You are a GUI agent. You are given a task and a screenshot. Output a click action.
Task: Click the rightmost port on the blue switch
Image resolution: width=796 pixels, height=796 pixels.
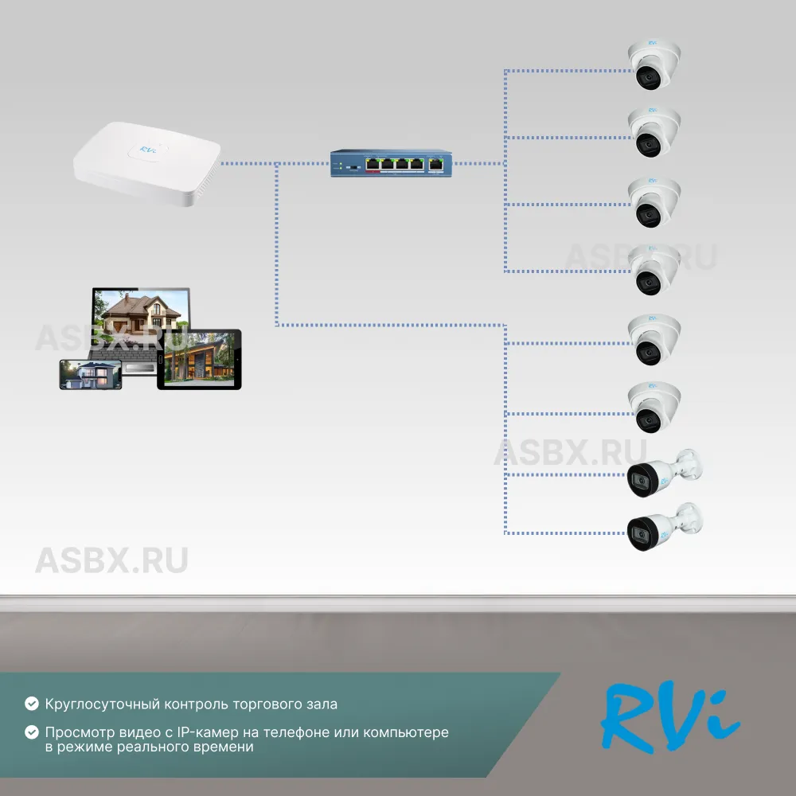(x=436, y=163)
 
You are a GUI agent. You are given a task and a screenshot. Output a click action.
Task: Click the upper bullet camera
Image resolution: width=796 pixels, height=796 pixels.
(x=663, y=474)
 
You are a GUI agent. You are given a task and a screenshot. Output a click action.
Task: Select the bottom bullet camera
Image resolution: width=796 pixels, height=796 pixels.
(x=663, y=527)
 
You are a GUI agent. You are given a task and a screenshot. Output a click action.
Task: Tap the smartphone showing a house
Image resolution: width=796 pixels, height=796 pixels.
(x=90, y=374)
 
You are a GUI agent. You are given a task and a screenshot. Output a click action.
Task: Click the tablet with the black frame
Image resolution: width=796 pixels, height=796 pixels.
(x=199, y=360)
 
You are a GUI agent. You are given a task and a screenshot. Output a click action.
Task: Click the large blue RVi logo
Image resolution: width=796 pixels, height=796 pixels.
(x=670, y=715)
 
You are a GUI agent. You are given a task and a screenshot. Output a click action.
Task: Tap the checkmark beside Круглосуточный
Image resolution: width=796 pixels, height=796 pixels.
(x=32, y=704)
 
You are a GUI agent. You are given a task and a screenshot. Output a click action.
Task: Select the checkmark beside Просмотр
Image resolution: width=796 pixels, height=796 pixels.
(x=32, y=732)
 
